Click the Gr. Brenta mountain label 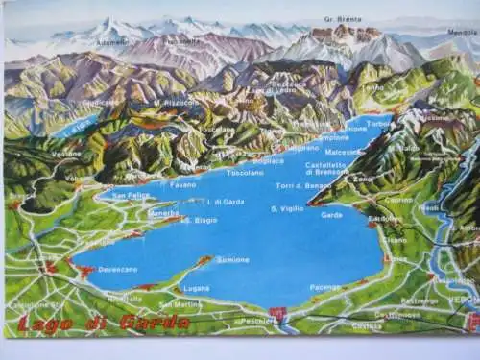(x=343, y=19)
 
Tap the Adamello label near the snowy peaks (x=111, y=43)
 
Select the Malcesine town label (x=343, y=151)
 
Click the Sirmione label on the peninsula (x=232, y=259)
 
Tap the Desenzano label (x=118, y=270)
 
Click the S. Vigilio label (x=288, y=208)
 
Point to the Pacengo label (x=325, y=287)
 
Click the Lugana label (x=196, y=288)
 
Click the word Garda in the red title (x=154, y=323)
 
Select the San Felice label (x=131, y=196)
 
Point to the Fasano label (x=182, y=184)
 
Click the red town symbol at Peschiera (x=279, y=314)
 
